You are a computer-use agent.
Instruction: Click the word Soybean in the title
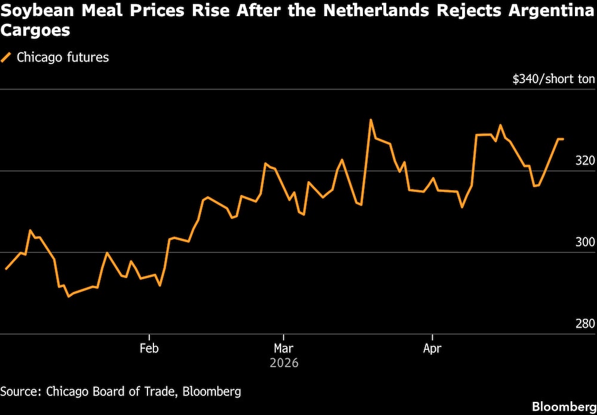point(34,10)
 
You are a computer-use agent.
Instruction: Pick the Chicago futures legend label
point(63,57)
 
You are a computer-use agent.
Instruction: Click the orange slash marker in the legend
point(7,57)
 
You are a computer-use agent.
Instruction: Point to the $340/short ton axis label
point(553,79)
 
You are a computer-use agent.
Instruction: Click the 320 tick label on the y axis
point(585,160)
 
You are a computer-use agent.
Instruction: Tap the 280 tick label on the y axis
point(585,324)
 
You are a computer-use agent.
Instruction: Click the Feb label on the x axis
point(149,348)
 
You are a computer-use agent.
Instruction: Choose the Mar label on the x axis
point(284,348)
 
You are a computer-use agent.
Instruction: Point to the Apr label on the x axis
point(432,348)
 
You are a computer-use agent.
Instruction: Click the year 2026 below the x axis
point(284,363)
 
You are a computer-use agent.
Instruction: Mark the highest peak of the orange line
point(371,120)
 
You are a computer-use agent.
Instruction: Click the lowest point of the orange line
point(69,296)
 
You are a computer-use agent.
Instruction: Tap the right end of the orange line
point(563,139)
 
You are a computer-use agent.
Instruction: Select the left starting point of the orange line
point(5,269)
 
